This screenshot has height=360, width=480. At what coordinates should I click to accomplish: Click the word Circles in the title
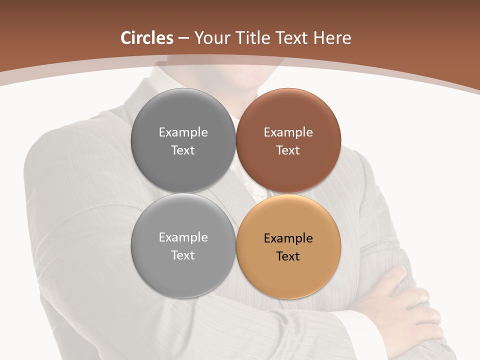(147, 38)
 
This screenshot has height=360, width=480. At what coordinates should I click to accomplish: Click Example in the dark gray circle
(183, 132)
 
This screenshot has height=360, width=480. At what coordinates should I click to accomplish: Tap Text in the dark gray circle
(183, 150)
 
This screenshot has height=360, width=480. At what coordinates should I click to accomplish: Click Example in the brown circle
(288, 132)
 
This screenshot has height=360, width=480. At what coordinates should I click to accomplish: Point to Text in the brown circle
(288, 150)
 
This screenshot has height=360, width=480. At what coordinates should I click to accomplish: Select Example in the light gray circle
(183, 237)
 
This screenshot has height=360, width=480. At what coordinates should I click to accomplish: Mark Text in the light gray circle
(183, 255)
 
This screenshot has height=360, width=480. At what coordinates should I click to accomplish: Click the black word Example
(288, 238)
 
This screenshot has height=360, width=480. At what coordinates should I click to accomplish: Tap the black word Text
(288, 256)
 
